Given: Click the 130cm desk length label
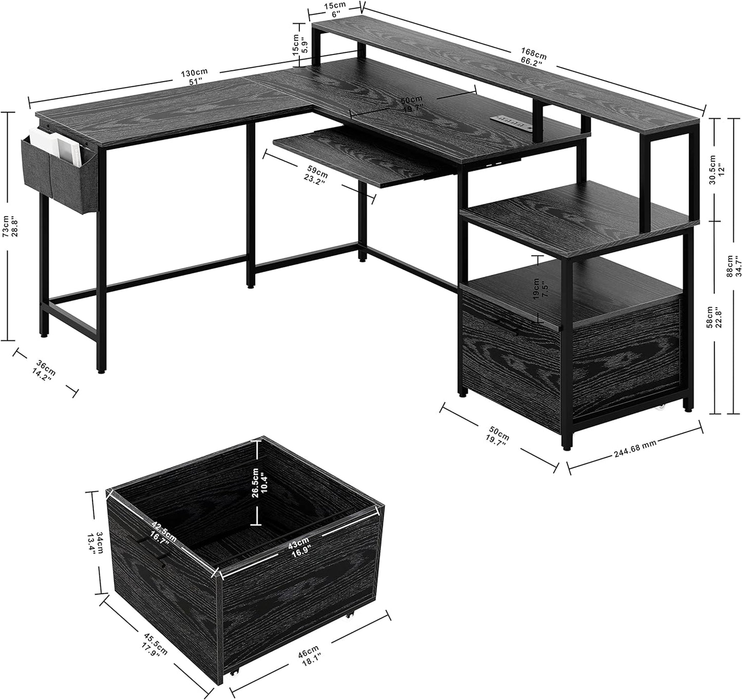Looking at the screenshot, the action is click(194, 77).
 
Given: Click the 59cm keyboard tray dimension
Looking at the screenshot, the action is click(315, 177).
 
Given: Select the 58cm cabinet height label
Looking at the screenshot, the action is click(713, 317).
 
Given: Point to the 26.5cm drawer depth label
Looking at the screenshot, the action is click(259, 482).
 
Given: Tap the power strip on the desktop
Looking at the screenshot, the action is click(509, 121).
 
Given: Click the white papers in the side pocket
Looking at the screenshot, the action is click(56, 145).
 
